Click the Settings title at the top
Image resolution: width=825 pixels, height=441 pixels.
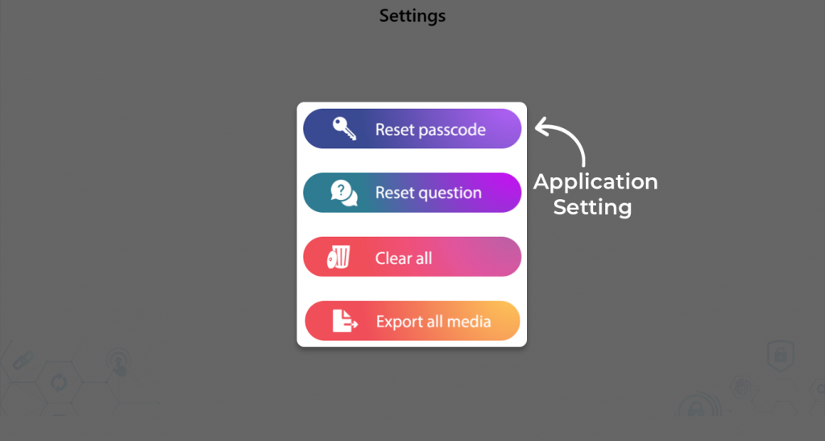coord(412,16)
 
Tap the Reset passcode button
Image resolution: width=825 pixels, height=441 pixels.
coord(412,129)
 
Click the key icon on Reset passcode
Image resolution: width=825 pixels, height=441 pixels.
coord(344,128)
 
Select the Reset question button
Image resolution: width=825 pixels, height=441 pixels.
coord(412,193)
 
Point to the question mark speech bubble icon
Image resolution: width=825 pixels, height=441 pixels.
coord(344,193)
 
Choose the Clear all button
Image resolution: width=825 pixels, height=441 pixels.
coord(412,257)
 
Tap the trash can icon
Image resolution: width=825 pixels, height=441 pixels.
coord(339,257)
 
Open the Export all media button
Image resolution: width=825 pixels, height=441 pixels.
coord(412,321)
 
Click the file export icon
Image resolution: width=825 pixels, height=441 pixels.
coord(345,321)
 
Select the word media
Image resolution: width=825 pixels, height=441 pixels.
coord(471,322)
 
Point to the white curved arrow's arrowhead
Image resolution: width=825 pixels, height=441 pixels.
coord(541,127)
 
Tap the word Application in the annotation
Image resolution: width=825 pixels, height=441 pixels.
coord(595,183)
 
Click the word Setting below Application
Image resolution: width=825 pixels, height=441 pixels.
coord(592,207)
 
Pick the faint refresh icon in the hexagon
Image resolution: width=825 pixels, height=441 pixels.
coord(59,382)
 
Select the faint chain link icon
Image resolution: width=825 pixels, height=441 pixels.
coord(23,361)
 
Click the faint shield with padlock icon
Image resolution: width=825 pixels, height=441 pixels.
coord(781,356)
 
